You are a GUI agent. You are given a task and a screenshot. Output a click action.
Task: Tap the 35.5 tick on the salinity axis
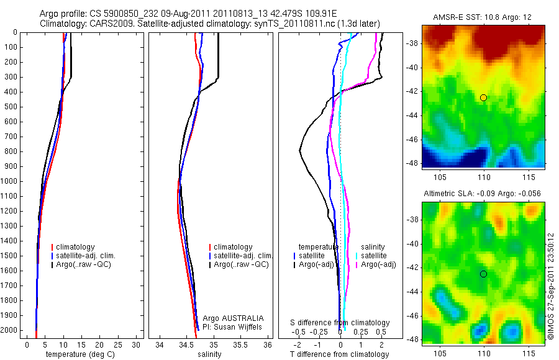[x=242, y=344]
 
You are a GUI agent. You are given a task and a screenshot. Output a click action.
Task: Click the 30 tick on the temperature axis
[x=137, y=344]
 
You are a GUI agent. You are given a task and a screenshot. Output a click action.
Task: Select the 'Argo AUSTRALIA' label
[x=234, y=318]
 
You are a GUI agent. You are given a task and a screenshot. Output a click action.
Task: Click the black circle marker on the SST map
[x=483, y=97]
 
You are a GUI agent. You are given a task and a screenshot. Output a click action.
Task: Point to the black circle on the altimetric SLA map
[x=483, y=274]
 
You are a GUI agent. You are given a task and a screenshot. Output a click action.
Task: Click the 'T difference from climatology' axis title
[x=340, y=354]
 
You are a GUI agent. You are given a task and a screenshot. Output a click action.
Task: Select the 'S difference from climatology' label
[x=340, y=323]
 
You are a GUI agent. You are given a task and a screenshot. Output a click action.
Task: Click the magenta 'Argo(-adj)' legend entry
[x=378, y=264]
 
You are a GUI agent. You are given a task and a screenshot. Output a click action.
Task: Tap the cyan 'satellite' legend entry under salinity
[x=374, y=256]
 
